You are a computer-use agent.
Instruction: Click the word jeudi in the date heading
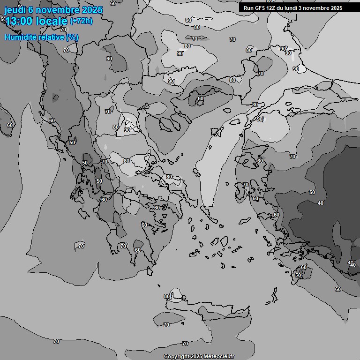[x=13, y=10]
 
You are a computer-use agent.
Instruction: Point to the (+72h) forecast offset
[x=81, y=21]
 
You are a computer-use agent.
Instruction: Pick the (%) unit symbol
[x=72, y=37]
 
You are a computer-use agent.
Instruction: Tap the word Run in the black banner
[x=248, y=8]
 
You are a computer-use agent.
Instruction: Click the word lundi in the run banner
[x=291, y=8]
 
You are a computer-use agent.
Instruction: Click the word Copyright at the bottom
[x=176, y=356]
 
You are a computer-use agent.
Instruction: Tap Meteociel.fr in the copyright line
[x=218, y=356]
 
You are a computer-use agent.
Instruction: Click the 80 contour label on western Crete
[x=167, y=296]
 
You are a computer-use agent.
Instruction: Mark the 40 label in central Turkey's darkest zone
[x=321, y=203]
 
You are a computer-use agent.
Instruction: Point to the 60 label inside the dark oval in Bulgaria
[x=200, y=98]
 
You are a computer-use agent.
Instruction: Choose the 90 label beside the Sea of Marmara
[x=260, y=119]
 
